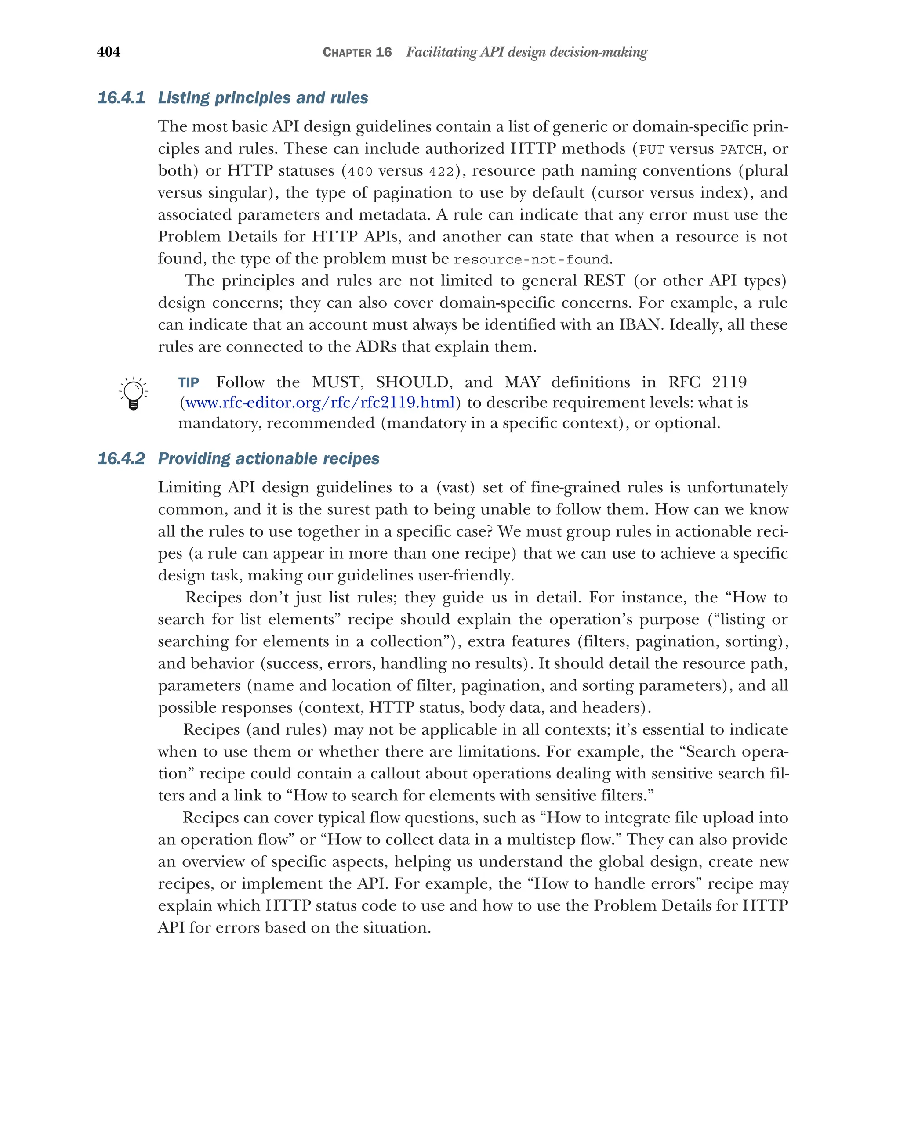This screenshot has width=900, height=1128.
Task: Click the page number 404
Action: pyautogui.click(x=109, y=52)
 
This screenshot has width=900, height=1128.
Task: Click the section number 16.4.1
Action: pyautogui.click(x=121, y=98)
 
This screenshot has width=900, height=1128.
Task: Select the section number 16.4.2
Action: pyautogui.click(x=121, y=458)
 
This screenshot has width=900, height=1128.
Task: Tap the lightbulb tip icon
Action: pyautogui.click(x=134, y=393)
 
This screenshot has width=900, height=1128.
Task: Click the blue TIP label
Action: pyautogui.click(x=189, y=382)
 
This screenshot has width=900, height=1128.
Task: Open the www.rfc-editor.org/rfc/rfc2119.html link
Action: pyautogui.click(x=320, y=403)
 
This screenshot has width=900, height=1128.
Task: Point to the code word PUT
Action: pyautogui.click(x=651, y=150)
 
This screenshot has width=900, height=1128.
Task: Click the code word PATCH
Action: pyautogui.click(x=741, y=150)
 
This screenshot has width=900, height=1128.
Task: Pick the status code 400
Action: pyautogui.click(x=359, y=172)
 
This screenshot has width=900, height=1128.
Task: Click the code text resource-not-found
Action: pyautogui.click(x=531, y=259)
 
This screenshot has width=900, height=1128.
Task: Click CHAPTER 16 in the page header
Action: pyautogui.click(x=357, y=52)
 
